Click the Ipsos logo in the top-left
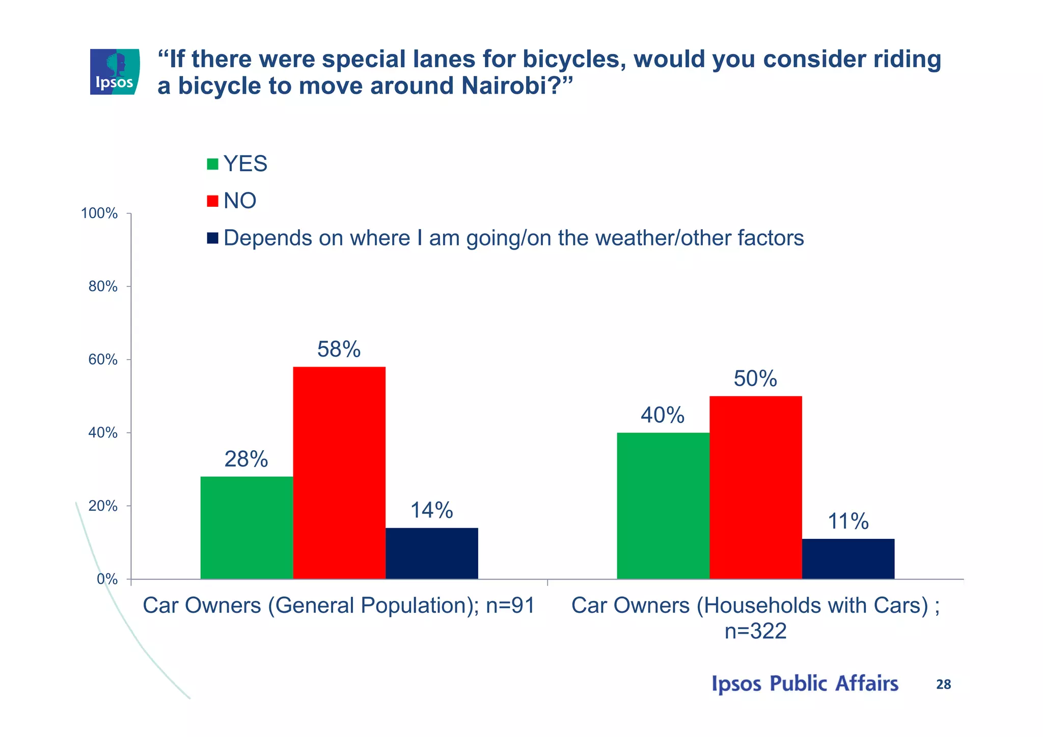[115, 72]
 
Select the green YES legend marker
[212, 164]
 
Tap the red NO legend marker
[212, 201]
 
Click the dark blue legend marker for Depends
[212, 238]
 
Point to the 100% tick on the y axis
[99, 213]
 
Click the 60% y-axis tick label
[103, 360]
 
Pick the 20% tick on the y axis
[103, 506]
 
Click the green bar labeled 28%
[246, 528]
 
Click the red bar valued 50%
[755, 487]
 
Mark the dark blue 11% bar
[848, 559]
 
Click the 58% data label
[339, 349]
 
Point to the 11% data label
[848, 522]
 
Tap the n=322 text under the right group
[755, 631]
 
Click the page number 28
[943, 685]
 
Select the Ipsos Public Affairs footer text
[805, 684]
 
